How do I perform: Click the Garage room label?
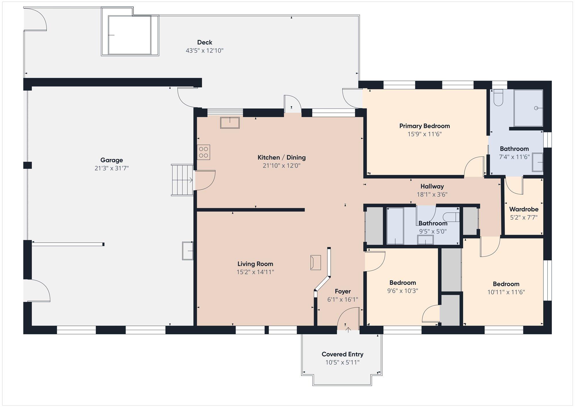pos(112,160)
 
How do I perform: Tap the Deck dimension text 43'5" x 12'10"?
pos(205,51)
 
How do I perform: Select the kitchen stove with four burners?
pos(204,152)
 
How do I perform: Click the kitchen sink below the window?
pos(230,123)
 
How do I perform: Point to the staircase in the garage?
pos(182,180)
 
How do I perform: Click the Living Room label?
pos(255,264)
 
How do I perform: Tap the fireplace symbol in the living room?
pos(315,262)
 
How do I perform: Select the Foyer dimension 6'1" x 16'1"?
pos(343,300)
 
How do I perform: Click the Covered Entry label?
pos(342,354)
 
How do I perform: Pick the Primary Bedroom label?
pos(425,126)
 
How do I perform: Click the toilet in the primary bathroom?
pos(499,98)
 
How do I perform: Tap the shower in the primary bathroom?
pos(528,108)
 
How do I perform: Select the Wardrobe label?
pos(524,209)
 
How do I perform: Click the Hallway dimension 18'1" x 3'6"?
pos(432,195)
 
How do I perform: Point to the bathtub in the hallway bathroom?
pos(395,226)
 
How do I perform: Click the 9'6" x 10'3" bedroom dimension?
pos(402,291)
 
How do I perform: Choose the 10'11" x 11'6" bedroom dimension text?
pos(506,292)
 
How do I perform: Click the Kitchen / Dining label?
pos(281,157)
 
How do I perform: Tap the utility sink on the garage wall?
pos(188,251)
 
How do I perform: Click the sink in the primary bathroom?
pos(537,162)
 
